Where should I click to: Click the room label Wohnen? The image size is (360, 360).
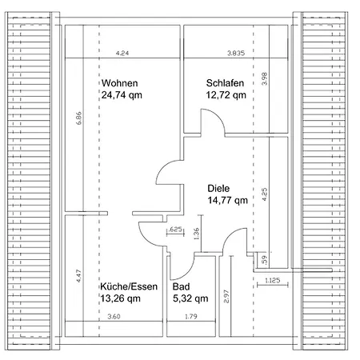tap(119, 83)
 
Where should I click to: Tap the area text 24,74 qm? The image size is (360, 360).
tap(122, 95)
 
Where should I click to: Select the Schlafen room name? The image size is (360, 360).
tap(225, 83)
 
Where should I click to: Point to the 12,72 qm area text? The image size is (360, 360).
tap(226, 95)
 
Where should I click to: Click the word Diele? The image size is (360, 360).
tap(218, 189)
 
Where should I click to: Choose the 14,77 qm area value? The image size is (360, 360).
tap(228, 200)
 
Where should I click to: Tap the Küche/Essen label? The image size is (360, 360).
tap(129, 286)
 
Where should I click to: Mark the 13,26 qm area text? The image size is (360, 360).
tap(121, 298)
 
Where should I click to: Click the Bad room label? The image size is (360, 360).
tap(181, 286)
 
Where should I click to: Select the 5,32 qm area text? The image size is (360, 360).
tap(190, 298)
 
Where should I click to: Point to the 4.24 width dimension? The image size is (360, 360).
tap(122, 54)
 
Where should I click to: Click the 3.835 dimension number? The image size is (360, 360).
tap(236, 53)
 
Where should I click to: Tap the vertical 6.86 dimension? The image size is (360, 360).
tap(78, 118)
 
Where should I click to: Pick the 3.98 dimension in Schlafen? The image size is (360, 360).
tap(264, 78)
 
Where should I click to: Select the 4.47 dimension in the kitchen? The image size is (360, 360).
tap(78, 276)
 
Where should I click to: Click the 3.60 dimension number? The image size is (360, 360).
tap(114, 317)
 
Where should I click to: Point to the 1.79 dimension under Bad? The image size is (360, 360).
tap(191, 317)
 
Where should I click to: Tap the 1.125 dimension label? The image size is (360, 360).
tap(273, 280)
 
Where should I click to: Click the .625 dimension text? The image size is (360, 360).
tap(175, 229)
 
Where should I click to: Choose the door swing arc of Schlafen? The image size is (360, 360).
tap(218, 116)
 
